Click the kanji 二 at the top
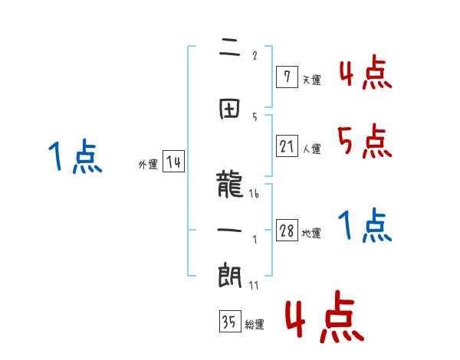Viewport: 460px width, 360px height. pyautogui.click(x=231, y=53)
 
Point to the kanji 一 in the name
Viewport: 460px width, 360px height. pyautogui.click(x=230, y=229)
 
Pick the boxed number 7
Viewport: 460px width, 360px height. pyautogui.click(x=287, y=76)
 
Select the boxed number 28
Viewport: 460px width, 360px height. pyautogui.click(x=287, y=231)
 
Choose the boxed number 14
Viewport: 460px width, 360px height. pyautogui.click(x=173, y=162)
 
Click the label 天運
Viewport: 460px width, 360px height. pyautogui.click(x=311, y=80)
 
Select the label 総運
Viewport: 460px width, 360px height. pyautogui.click(x=255, y=325)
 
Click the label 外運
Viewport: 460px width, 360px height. pyautogui.click(x=147, y=165)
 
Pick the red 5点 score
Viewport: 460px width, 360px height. pyautogui.click(x=363, y=139)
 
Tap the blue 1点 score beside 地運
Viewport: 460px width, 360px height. pyautogui.click(x=365, y=225)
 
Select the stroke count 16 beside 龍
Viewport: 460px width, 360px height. pyautogui.click(x=254, y=195)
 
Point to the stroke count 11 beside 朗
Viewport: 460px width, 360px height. pyautogui.click(x=254, y=286)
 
